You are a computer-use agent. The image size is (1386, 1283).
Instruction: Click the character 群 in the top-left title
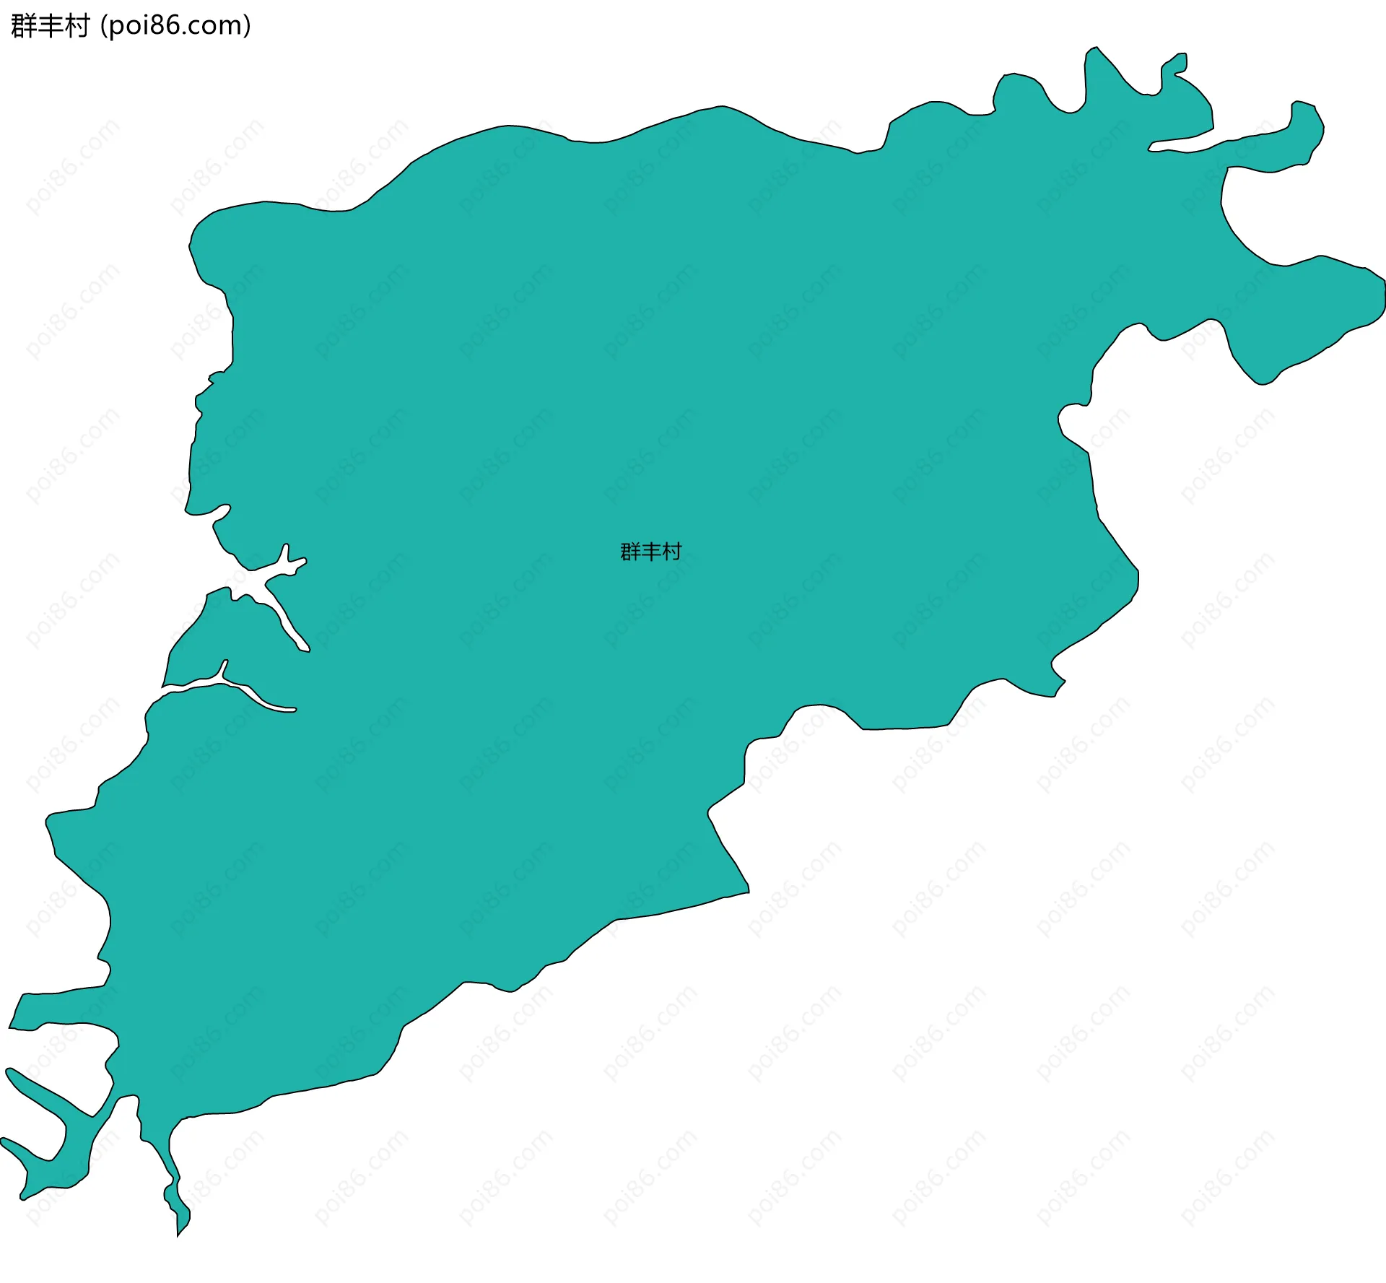pos(24,26)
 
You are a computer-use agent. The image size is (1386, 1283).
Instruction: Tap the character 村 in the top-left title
pos(77,26)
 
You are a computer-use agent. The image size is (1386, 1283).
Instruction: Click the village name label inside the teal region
pos(650,552)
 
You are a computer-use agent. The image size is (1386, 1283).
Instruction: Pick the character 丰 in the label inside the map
pos(650,552)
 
